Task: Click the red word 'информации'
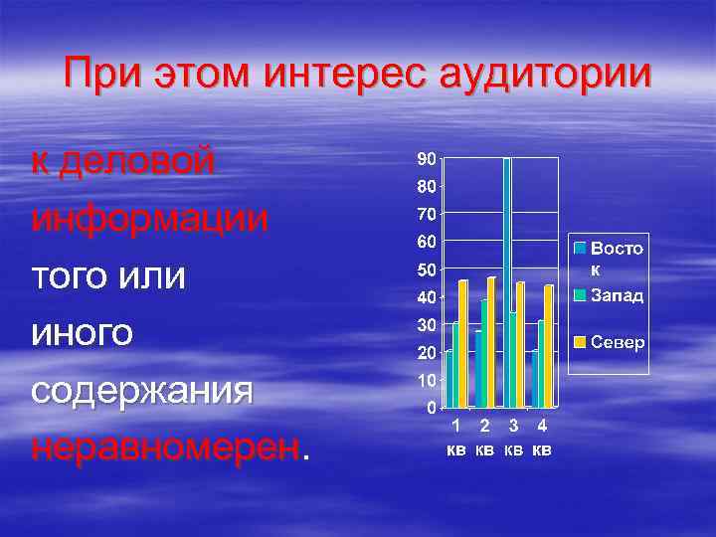149,218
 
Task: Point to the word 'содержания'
141,391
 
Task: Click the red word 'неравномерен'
164,447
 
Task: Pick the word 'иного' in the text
82,333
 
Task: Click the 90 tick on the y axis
424,159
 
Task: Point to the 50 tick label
424,269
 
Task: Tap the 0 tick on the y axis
429,408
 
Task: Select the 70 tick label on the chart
424,214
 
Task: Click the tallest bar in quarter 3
507,282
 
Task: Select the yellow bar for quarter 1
462,343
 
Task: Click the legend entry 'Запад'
617,295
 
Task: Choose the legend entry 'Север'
618,342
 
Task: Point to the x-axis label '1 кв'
454,438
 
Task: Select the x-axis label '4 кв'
542,438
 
